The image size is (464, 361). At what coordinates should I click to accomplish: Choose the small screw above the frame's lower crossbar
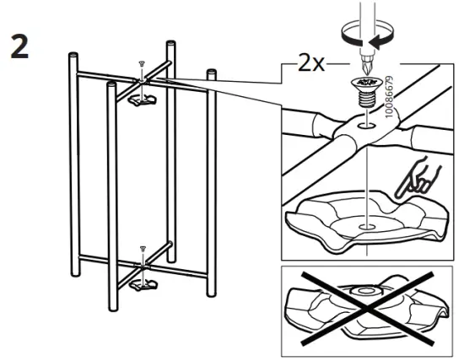143,251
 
